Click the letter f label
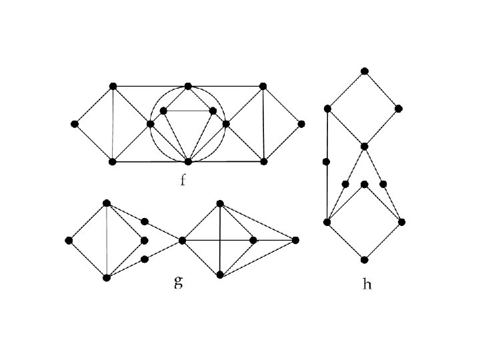[x=183, y=180]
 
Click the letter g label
[x=178, y=282]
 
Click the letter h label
[x=367, y=284]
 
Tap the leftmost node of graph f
[x=75, y=124]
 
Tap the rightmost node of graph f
[x=301, y=124]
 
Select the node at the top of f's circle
[x=188, y=86]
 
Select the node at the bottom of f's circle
[x=188, y=161]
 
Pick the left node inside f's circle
[x=163, y=111]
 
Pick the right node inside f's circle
[x=213, y=111]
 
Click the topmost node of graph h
[x=364, y=71]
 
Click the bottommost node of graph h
[x=364, y=259]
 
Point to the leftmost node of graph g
[x=69, y=241]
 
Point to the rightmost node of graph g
[x=295, y=240]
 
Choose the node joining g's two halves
[x=182, y=240]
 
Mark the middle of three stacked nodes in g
[x=144, y=241]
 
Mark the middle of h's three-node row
[x=364, y=184]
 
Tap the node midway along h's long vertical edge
[x=327, y=161]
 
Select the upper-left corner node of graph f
[x=113, y=86]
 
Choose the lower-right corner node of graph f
[x=263, y=161]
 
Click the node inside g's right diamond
[x=253, y=240]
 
